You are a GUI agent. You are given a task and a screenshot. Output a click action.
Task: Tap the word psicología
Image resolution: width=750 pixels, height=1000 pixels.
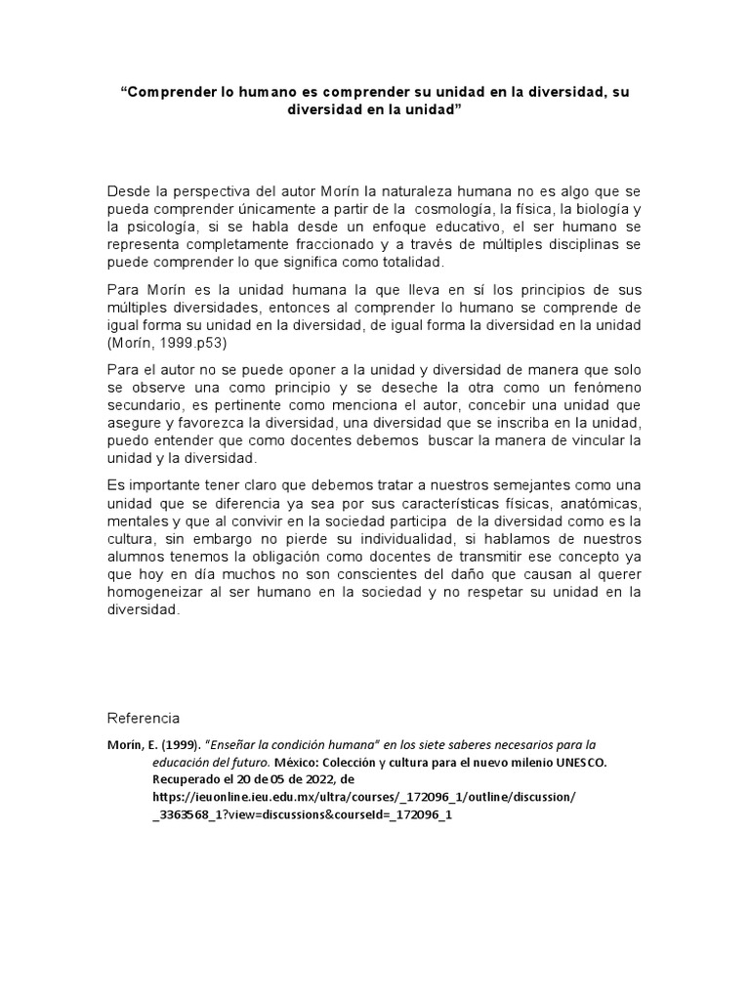[166, 228]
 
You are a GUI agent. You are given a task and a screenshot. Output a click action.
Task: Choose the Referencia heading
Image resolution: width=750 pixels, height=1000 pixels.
[143, 718]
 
